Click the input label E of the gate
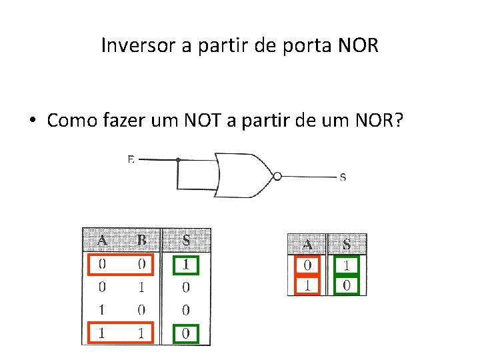[131, 159]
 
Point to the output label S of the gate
[343, 177]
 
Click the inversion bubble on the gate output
[277, 177]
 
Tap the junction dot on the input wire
[178, 160]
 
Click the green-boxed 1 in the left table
[186, 265]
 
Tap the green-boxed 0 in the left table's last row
[186, 333]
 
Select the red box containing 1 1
[121, 333]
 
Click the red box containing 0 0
[121, 265]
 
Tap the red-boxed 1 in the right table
[307, 286]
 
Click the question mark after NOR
[398, 121]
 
